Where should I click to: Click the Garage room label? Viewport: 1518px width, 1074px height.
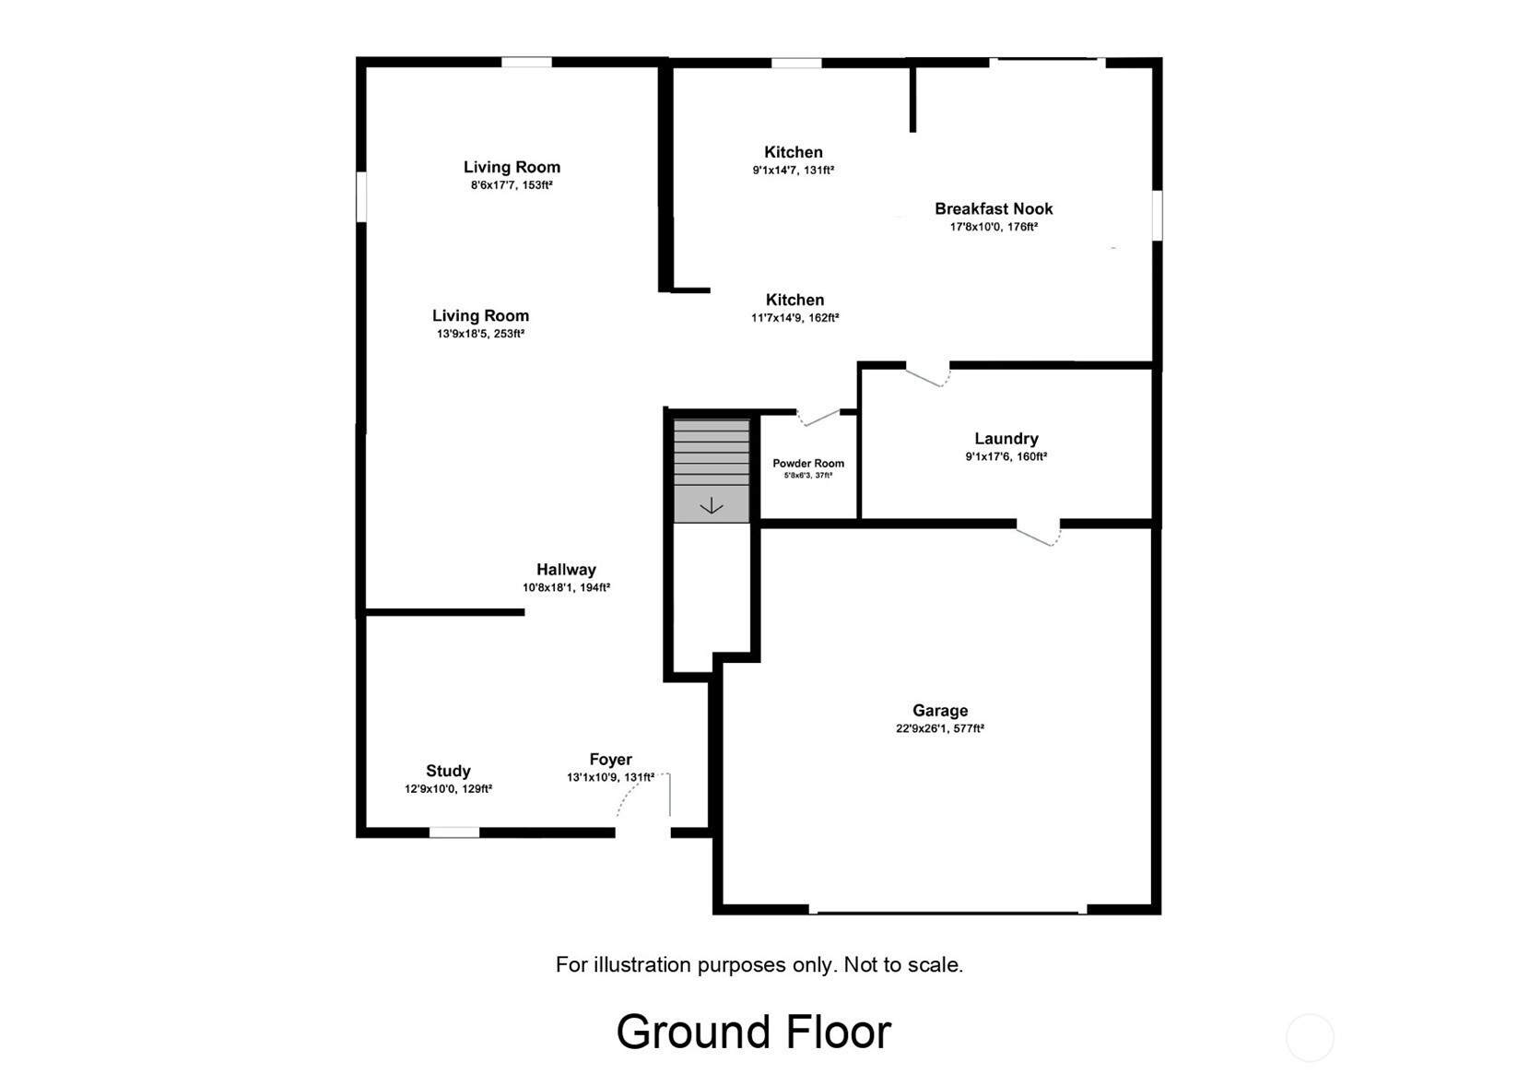[x=940, y=711]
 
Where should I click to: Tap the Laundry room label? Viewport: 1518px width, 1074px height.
[x=1006, y=439]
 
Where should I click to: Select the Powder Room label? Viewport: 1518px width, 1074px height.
[x=808, y=464]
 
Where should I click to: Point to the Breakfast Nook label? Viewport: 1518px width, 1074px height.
[x=994, y=209]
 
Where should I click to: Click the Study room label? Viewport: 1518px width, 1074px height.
[x=448, y=771]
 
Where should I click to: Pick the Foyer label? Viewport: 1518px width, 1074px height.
[x=610, y=760]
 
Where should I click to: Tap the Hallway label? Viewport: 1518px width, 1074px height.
[x=567, y=570]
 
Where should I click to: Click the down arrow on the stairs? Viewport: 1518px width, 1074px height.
[x=711, y=506]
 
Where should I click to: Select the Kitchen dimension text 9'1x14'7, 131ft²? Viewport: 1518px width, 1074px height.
[x=793, y=171]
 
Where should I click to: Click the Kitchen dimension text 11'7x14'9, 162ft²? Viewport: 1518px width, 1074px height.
[x=794, y=317]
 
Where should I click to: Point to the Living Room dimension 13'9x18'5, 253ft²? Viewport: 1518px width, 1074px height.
[x=480, y=334]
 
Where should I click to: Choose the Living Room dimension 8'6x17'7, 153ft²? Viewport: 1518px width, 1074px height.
[x=512, y=185]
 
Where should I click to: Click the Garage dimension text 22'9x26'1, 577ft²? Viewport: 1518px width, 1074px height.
[x=940, y=729]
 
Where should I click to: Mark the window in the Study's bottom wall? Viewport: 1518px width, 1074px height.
[x=454, y=832]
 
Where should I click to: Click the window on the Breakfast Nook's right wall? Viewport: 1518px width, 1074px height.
[x=1157, y=215]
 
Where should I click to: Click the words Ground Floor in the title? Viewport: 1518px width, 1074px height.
[x=754, y=1032]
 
